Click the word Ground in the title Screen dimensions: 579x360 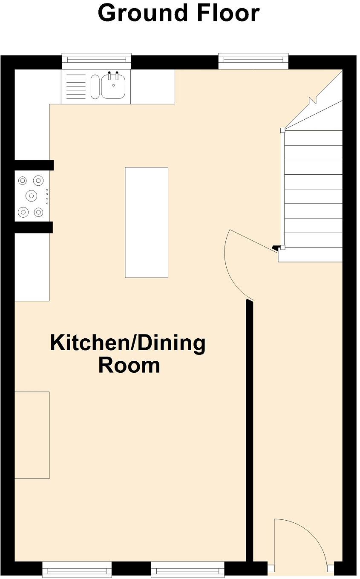pyautogui.click(x=143, y=14)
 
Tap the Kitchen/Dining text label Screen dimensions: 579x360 pyautogui.click(x=128, y=343)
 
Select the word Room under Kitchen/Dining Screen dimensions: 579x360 pyautogui.click(x=129, y=366)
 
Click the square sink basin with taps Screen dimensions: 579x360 pyautogui.click(x=113, y=86)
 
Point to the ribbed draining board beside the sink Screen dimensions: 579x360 pyautogui.click(x=76, y=86)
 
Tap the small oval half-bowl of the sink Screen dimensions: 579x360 pyautogui.click(x=95, y=86)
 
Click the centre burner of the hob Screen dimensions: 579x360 pyautogui.click(x=31, y=195)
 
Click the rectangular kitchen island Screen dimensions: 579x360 pyautogui.click(x=146, y=222)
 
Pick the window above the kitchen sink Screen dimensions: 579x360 pyautogui.click(x=96, y=61)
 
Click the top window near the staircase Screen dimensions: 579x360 pyautogui.click(x=253, y=61)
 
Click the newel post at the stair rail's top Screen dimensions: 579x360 pyautogui.click(x=282, y=130)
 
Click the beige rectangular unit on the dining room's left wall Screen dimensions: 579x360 pyautogui.click(x=32, y=435)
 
